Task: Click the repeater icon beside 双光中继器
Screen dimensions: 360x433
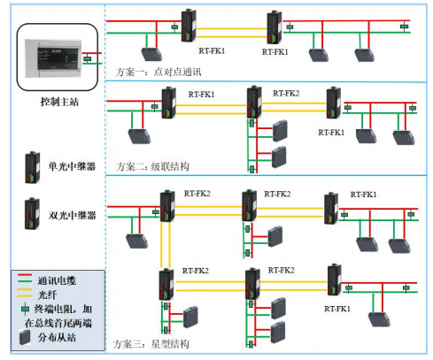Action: coord(32,212)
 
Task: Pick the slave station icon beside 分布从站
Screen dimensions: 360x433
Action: coord(26,336)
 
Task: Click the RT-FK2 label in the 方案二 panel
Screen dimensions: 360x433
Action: coord(286,94)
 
